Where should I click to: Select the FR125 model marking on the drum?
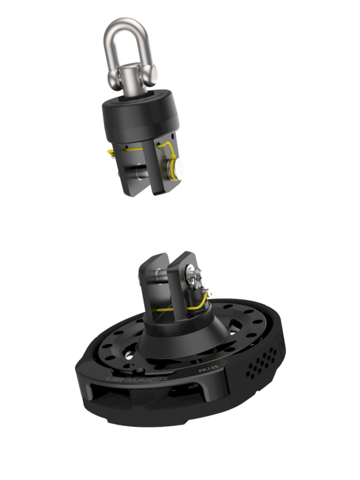click(x=209, y=369)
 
